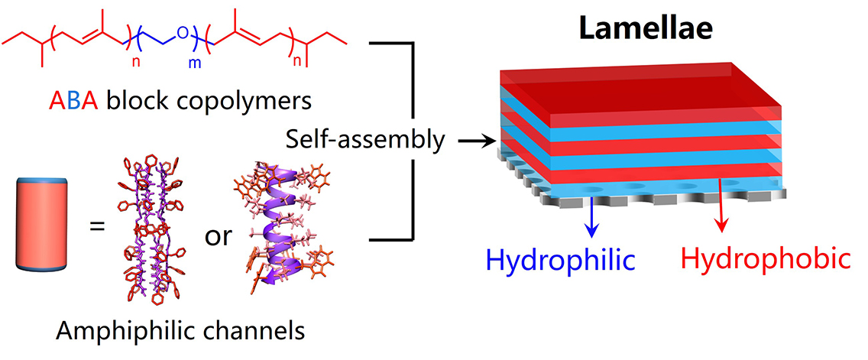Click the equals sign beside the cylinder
[x=97, y=227]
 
